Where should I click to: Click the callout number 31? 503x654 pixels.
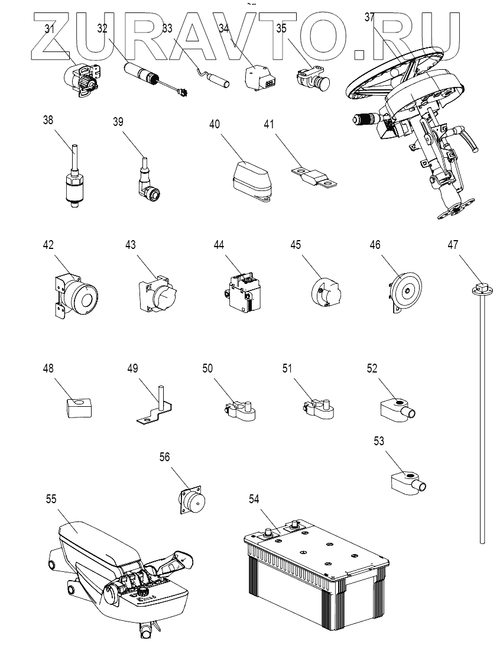pos(50,28)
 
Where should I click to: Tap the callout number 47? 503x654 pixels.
pos(453,244)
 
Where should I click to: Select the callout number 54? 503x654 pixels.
pos(254,499)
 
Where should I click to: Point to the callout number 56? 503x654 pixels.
pos(165,457)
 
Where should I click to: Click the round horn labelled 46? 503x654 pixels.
pos(403,291)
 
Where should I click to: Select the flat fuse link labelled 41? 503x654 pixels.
pos(314,177)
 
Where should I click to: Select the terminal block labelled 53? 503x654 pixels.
pos(409,483)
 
